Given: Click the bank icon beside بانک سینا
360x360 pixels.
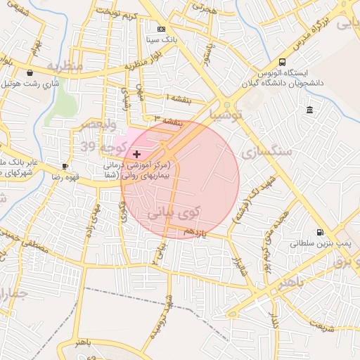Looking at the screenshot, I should [x=162, y=29].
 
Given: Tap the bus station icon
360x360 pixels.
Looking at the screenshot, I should [x=282, y=62].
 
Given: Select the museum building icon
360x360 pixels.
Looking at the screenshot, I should [x=310, y=110].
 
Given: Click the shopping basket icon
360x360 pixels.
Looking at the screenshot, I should [x=30, y=72].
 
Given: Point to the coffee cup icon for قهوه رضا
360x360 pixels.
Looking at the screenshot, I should [x=65, y=166].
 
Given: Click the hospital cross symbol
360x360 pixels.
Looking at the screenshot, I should [x=136, y=153].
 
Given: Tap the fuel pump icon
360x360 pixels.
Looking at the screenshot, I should [x=320, y=233].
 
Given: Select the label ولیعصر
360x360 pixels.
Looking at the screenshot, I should [x=97, y=124].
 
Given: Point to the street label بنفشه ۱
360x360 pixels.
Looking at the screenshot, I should [x=180, y=98].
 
